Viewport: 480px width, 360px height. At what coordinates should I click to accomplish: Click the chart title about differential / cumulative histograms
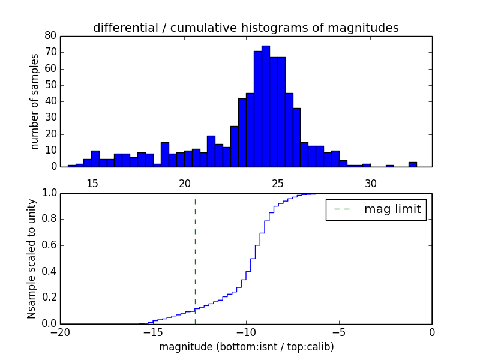(245, 28)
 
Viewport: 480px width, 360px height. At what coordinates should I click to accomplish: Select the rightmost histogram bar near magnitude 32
(413, 164)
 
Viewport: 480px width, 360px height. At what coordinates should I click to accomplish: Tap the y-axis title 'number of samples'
(35, 101)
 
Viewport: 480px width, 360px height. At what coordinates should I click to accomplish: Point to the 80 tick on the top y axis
(50, 36)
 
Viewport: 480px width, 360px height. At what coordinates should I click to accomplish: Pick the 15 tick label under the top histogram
(92, 183)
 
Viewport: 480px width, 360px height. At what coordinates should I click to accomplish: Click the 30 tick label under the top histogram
(371, 183)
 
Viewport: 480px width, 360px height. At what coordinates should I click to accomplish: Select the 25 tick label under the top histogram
(278, 183)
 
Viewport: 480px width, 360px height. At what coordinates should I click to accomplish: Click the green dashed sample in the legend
(341, 209)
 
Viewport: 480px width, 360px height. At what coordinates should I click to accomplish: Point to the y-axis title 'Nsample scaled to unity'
(32, 258)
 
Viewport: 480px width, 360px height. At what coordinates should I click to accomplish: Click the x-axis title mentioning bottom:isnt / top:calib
(246, 347)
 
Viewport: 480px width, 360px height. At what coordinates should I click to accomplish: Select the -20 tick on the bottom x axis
(60, 332)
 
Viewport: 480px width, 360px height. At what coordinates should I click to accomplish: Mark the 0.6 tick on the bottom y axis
(48, 245)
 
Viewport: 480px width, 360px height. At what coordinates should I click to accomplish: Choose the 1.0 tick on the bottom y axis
(48, 193)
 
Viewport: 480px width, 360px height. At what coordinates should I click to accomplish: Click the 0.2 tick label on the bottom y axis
(48, 298)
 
